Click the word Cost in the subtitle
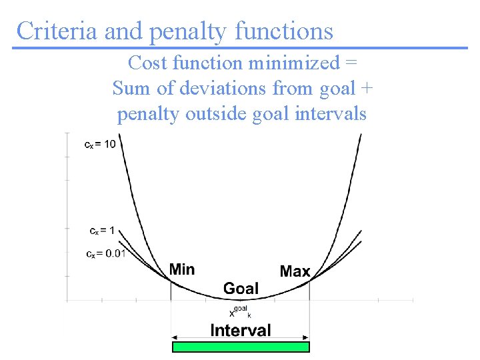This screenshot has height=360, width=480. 147,63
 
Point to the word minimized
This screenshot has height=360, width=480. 294,63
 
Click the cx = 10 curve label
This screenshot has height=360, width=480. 100,144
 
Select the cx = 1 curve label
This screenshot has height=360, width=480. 102,231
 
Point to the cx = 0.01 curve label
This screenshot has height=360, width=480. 106,254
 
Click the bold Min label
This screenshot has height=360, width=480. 182,269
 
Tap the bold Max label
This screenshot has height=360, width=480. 295,271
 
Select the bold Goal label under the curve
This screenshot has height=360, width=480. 241,289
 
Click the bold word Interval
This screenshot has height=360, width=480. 241,330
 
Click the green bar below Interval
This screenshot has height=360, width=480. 241,347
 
